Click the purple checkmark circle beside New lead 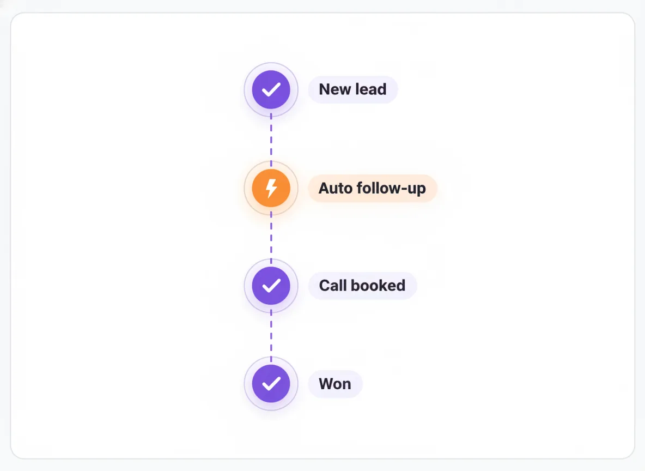tap(271, 89)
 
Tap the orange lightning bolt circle tap(271, 188)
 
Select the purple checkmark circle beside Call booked tap(271, 286)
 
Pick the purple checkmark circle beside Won tap(271, 384)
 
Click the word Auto tap(335, 188)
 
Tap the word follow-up tap(391, 189)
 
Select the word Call tap(333, 285)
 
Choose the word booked tap(378, 285)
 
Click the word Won tap(335, 384)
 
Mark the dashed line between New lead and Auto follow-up tap(271, 139)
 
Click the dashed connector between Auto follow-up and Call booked tap(271, 237)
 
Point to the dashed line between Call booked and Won tap(271, 335)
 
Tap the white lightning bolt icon tap(271, 188)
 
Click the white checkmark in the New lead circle tap(271, 89)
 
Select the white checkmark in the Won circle tap(271, 384)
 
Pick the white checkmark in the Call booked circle tap(271, 286)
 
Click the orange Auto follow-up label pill tap(372, 188)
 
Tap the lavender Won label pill tap(335, 384)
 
